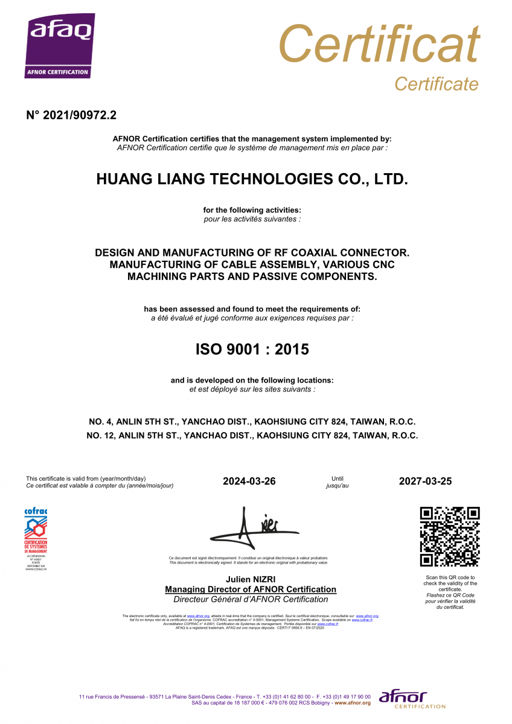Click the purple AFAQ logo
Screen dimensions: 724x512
coord(59,46)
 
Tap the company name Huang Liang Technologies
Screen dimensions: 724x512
coord(252,179)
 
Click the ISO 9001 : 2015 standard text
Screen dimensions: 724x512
coord(252,349)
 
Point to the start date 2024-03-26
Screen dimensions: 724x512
coord(249,481)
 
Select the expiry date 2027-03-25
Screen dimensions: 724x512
coord(425,481)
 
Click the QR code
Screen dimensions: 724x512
coord(449,536)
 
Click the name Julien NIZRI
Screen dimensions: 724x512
coord(251,579)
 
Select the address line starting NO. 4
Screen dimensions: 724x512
coord(252,422)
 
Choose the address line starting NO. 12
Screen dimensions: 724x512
coord(252,435)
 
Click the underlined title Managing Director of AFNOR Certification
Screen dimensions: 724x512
coord(251,589)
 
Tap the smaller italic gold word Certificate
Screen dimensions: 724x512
coord(436,84)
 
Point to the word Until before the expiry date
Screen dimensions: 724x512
coord(338,478)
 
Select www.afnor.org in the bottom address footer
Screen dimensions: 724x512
coord(353,703)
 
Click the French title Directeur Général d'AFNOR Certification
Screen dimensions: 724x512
coord(251,599)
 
